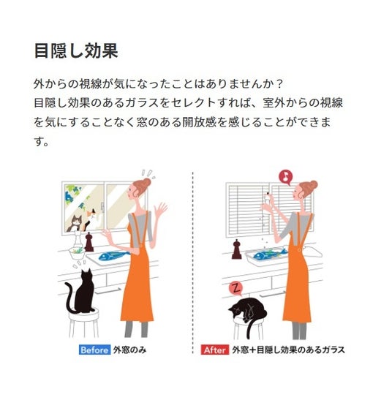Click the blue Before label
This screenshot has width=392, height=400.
click(94, 350)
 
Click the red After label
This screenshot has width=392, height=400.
click(215, 350)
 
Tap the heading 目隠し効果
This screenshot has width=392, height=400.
click(76, 50)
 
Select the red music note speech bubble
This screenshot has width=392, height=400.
click(286, 177)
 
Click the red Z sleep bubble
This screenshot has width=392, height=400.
click(236, 289)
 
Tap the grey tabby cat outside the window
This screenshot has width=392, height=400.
click(75, 223)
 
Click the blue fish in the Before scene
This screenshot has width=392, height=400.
click(113, 256)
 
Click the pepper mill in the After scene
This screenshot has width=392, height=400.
click(236, 249)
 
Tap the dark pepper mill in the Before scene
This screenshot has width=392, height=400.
click(89, 242)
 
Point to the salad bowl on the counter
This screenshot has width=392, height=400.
click(77, 252)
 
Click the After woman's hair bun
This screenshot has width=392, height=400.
click(313, 184)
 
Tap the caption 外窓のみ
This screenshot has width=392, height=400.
click(129, 350)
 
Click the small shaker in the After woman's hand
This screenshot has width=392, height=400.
click(267, 197)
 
